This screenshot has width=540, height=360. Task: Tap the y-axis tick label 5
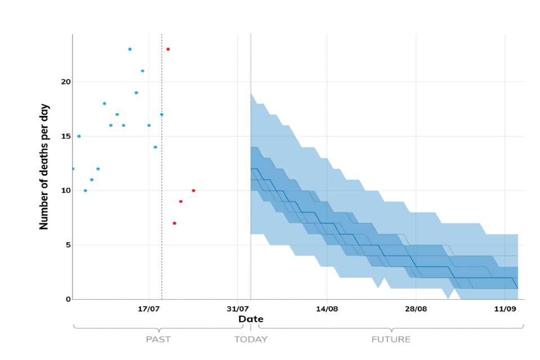tap(68, 245)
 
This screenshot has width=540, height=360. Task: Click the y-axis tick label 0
tap(68, 299)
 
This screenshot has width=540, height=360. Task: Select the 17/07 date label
tap(148, 309)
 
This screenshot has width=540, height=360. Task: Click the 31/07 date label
tap(237, 309)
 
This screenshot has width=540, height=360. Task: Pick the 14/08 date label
tap(327, 309)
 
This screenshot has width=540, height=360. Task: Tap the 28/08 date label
tap(416, 309)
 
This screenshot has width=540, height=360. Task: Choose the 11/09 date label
tap(505, 309)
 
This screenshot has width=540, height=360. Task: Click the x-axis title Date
tap(251, 319)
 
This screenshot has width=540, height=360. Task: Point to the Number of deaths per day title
tap(44, 166)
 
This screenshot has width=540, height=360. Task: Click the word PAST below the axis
tap(158, 340)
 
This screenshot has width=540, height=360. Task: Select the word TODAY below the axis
tap(251, 340)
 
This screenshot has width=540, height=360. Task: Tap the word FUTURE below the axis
tap(391, 340)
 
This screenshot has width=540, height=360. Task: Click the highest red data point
tap(168, 49)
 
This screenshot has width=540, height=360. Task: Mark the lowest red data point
tap(174, 223)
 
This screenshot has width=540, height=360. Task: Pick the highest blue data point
tap(130, 49)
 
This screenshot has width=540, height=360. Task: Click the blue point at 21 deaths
tap(143, 71)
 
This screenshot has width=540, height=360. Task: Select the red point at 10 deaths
tap(193, 191)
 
